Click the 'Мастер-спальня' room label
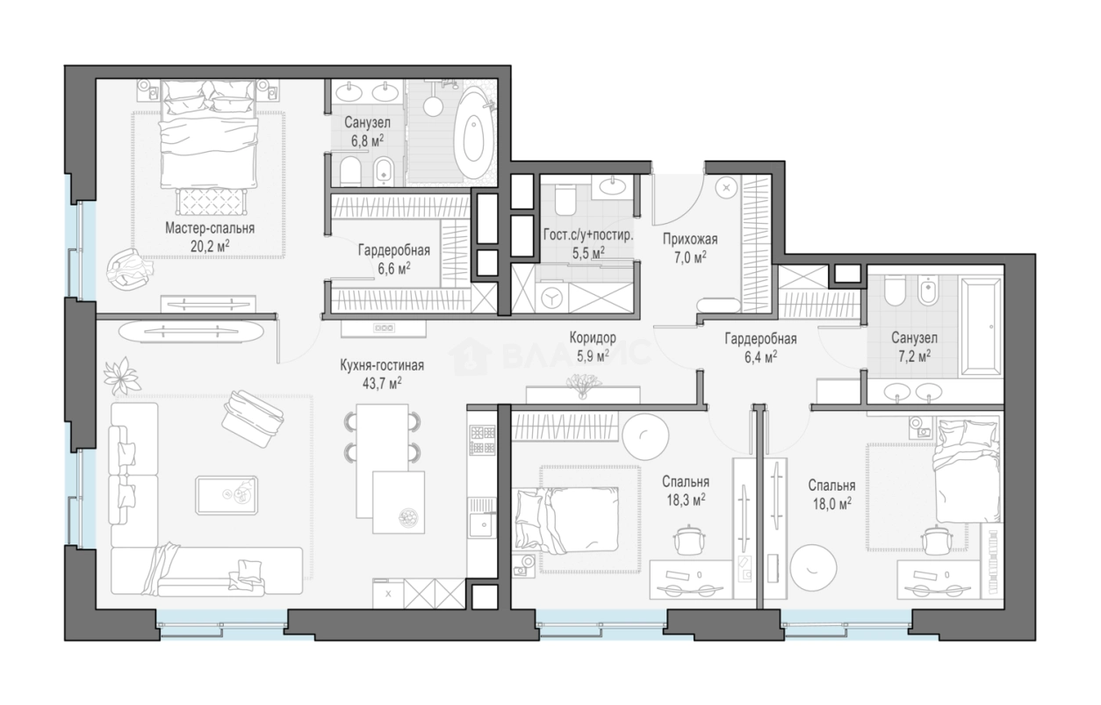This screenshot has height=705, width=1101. coord(210,228)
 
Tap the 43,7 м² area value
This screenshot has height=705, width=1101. coord(382,383)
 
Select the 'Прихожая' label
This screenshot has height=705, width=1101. coord(690,240)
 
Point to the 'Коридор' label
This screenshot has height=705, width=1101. coord(593,338)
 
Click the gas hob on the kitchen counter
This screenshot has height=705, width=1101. coord(482,440)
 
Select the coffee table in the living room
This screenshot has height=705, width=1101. coord(227,494)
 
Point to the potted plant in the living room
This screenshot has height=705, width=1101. coord(121,375)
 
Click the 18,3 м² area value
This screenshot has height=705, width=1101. coord(686,500)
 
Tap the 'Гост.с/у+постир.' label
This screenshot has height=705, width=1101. coord(588,235)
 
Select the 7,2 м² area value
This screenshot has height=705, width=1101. coord(914,356)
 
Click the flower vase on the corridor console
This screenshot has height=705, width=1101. coord(583,385)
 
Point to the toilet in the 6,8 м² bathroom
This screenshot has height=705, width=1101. coord(350,169)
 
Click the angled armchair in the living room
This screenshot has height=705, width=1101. coord(253,419)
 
